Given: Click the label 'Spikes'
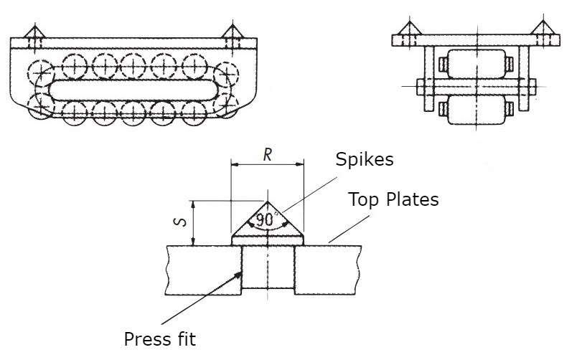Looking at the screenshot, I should [x=365, y=159].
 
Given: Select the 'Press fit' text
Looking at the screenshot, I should [x=159, y=338].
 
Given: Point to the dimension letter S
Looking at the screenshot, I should [x=182, y=222].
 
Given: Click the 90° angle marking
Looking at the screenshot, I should [x=266, y=219].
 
